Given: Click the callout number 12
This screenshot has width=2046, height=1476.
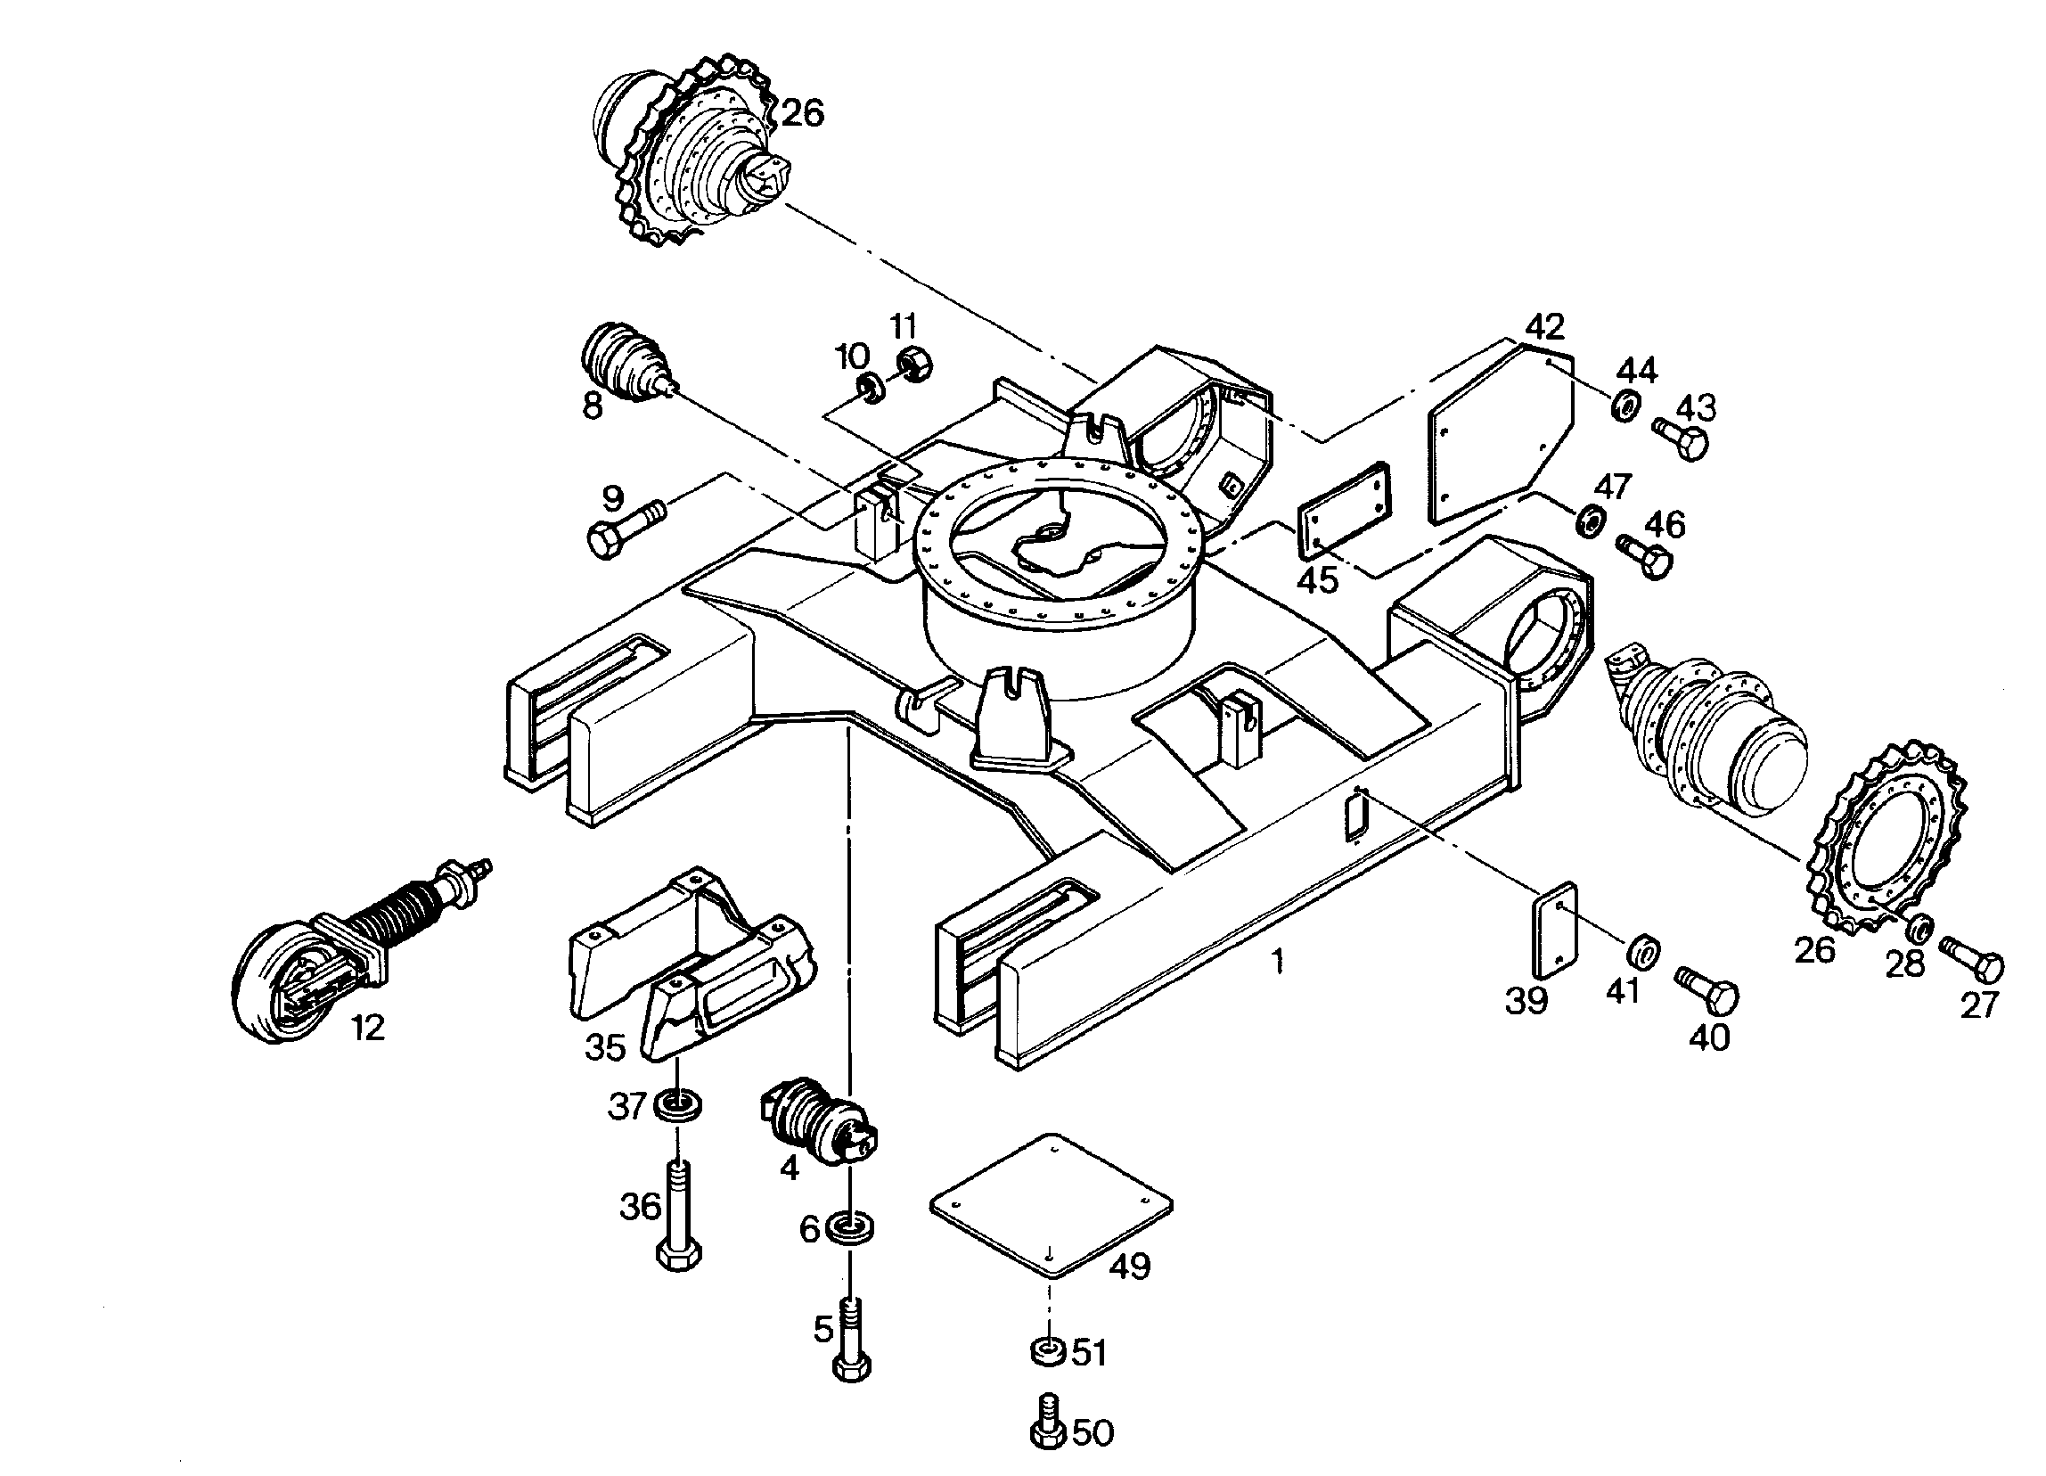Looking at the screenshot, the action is click(368, 1028).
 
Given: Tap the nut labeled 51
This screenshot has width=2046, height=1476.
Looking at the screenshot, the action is click(1047, 1352).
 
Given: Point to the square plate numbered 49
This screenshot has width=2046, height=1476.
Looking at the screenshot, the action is click(1051, 1206).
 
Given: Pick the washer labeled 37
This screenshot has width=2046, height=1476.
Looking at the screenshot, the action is click(676, 1103).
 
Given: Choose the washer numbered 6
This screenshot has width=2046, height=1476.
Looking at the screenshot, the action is click(849, 1228).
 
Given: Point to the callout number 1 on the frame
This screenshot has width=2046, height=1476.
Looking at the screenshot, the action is click(1276, 962).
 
